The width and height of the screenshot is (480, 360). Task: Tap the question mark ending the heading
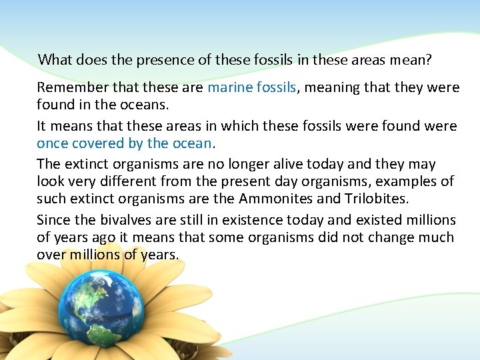[x=429, y=60]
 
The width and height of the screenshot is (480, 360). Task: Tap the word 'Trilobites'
[x=372, y=199]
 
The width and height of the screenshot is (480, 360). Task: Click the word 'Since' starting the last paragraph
[x=52, y=220]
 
